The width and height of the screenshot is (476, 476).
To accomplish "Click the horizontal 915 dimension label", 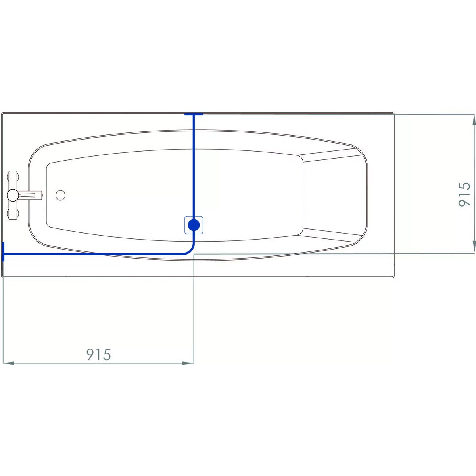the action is tap(98, 355).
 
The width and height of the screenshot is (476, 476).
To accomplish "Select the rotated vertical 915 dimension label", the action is tap(464, 194).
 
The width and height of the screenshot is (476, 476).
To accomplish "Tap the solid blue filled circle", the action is tap(194, 225).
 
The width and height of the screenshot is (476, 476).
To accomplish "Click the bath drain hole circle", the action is tap(61, 195).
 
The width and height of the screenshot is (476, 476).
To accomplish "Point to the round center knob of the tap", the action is tap(12, 195).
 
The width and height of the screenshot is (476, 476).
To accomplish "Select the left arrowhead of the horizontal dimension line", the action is tap(8, 363).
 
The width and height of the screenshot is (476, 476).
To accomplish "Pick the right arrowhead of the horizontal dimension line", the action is tap(188, 363).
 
